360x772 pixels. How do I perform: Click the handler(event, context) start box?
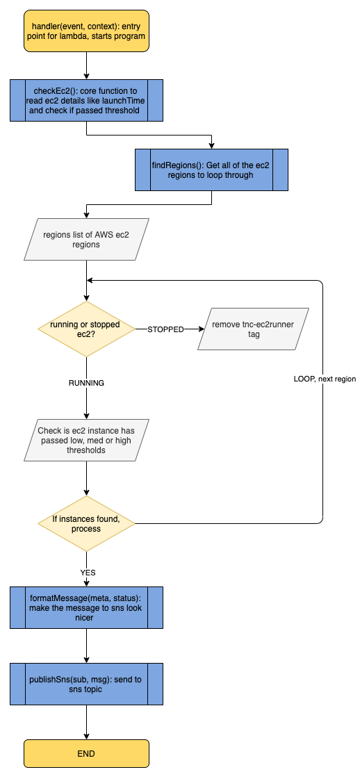click(86, 31)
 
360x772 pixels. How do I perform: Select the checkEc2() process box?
click(86, 100)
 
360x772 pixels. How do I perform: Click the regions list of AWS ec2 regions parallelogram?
click(86, 240)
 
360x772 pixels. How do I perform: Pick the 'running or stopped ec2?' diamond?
click(86, 329)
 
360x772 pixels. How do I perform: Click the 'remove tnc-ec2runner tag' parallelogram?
click(253, 329)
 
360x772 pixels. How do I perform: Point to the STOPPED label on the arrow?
click(165, 329)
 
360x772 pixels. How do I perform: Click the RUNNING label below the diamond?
click(86, 383)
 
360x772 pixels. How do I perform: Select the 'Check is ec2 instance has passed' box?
click(86, 441)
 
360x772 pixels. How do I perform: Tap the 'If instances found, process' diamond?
click(86, 523)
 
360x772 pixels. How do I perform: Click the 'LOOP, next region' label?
click(323, 379)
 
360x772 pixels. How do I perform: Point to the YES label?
click(88, 573)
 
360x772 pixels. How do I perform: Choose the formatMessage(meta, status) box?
click(86, 607)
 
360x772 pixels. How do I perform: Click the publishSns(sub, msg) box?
click(86, 684)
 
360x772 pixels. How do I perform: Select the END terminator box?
click(86, 753)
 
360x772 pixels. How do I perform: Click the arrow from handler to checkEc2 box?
click(86, 65)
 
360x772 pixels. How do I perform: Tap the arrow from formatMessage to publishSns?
click(86, 646)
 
